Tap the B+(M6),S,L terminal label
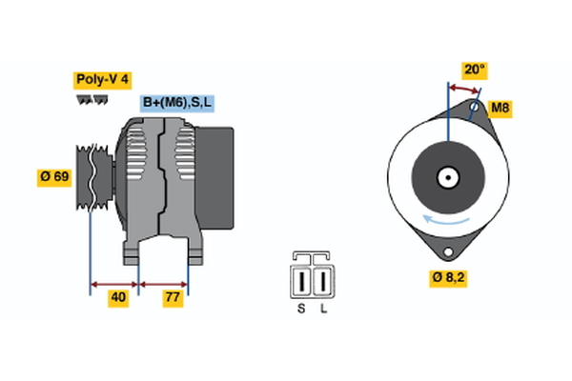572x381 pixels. tap(178, 103)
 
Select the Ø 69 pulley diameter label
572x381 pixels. tap(53, 177)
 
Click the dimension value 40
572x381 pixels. tap(118, 298)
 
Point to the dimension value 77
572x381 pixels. tap(173, 298)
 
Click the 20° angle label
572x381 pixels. tap(474, 70)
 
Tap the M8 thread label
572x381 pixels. tap(500, 108)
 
